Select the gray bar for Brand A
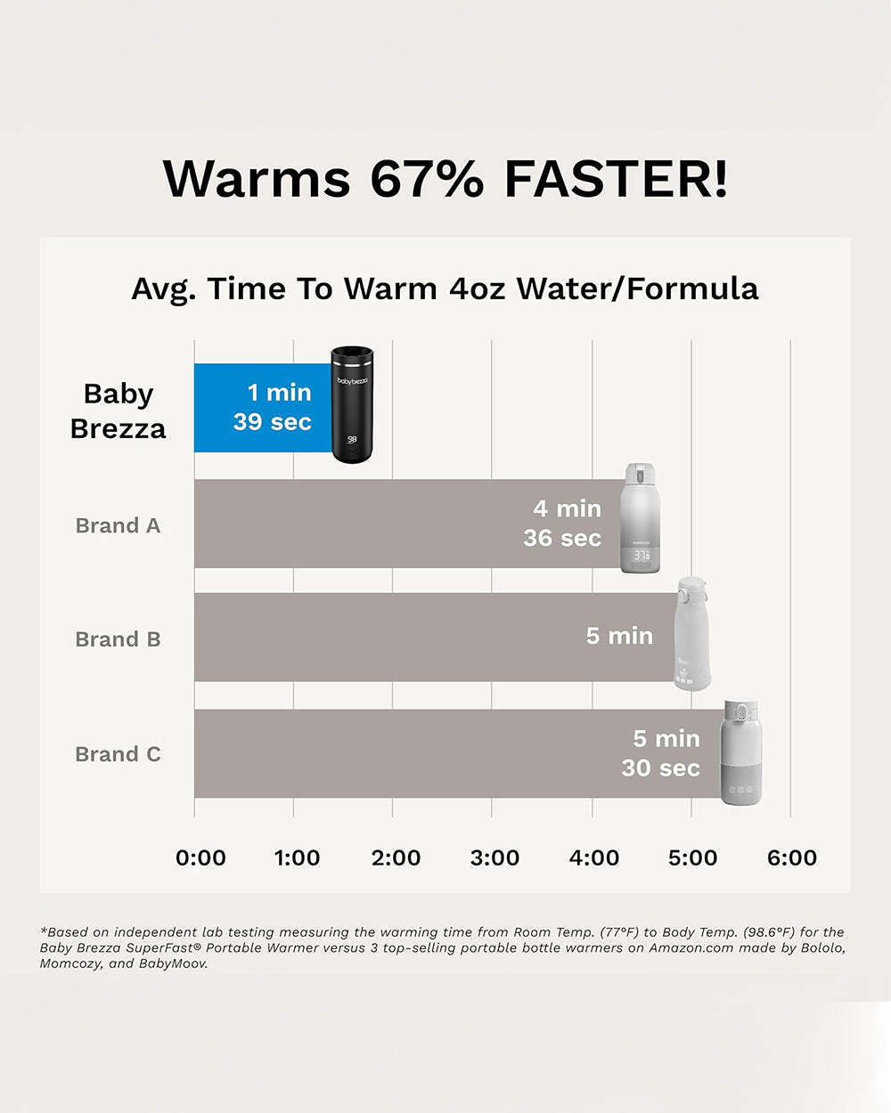coord(356,524)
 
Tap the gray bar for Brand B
coord(383,638)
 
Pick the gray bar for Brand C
coord(401,753)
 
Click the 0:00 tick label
coord(200,857)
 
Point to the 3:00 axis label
coord(495,857)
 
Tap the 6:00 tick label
coord(791,857)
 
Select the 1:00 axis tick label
coord(297,857)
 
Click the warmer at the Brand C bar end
coord(740,753)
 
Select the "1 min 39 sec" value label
coord(272,407)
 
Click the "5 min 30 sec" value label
coord(660,753)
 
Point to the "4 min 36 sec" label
coord(562,523)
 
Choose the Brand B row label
coord(118,639)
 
